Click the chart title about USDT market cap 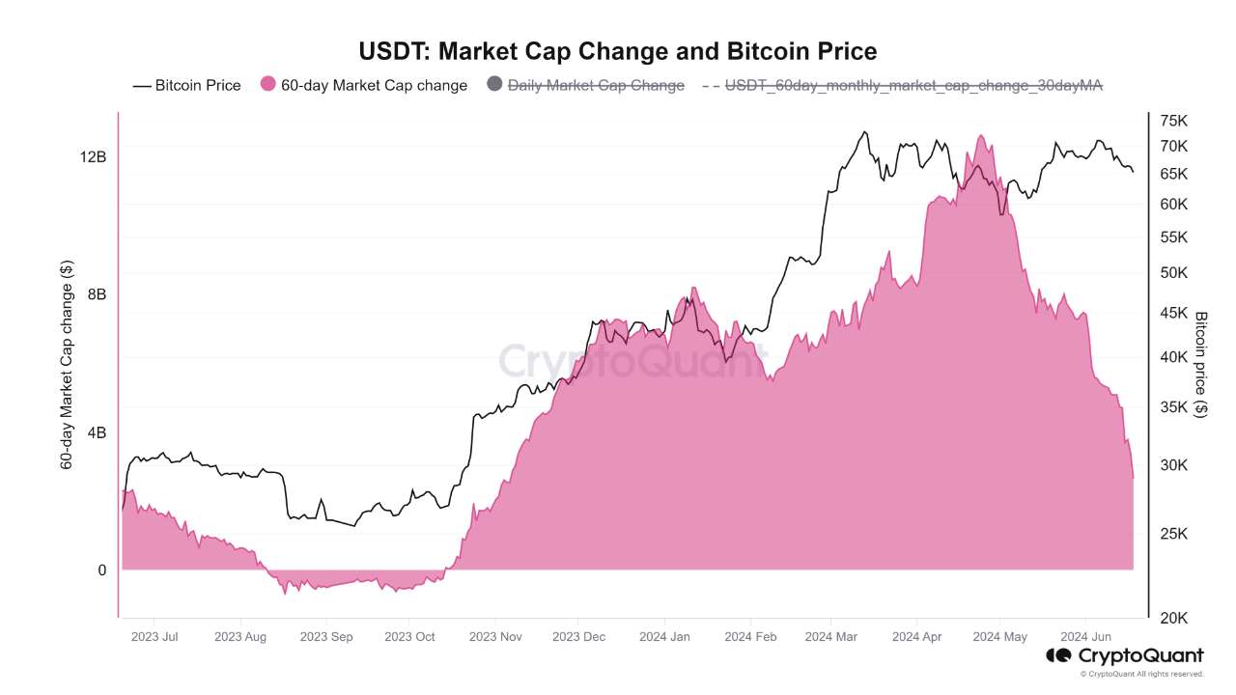[x=618, y=50]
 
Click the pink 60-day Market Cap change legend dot [x=268, y=85]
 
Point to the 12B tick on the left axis [x=94, y=156]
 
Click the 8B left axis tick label [x=97, y=294]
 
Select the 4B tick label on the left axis [x=97, y=432]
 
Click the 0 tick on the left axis [x=101, y=570]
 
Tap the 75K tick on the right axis [x=1173, y=121]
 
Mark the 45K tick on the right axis [x=1173, y=313]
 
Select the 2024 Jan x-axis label [x=664, y=637]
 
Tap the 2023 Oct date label [x=409, y=637]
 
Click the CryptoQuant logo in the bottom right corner [x=1126, y=656]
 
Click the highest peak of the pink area [x=981, y=136]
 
